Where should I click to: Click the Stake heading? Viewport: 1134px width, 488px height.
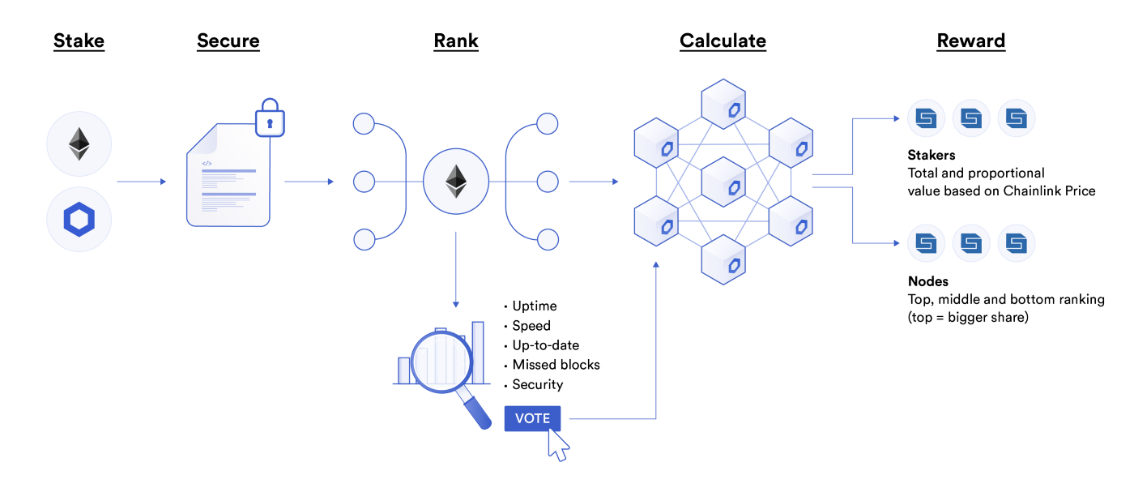pos(79,41)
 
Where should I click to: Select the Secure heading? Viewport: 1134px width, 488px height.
pos(228,41)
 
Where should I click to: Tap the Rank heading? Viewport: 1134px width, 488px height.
pos(456,41)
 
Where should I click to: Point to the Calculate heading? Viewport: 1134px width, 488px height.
pos(723,41)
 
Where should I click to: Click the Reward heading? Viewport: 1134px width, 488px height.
pos(970,41)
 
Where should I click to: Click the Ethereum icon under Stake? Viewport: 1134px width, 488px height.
pos(79,144)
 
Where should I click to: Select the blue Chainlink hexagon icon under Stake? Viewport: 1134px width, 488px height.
pos(79,220)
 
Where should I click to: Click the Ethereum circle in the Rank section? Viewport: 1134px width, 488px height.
pos(456,182)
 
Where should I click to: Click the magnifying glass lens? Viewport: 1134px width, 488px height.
pos(441,357)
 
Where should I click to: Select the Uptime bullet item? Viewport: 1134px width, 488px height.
pos(534,306)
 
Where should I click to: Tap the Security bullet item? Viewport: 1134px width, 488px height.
pos(537,384)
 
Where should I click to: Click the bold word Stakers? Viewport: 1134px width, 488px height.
pos(932,155)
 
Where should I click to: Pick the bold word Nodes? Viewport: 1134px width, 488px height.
pos(927,281)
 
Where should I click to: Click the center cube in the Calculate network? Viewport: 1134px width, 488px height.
pos(723,182)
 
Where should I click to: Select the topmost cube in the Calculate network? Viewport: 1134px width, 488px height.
pos(723,103)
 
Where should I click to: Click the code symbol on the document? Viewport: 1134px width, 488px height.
pos(207,163)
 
